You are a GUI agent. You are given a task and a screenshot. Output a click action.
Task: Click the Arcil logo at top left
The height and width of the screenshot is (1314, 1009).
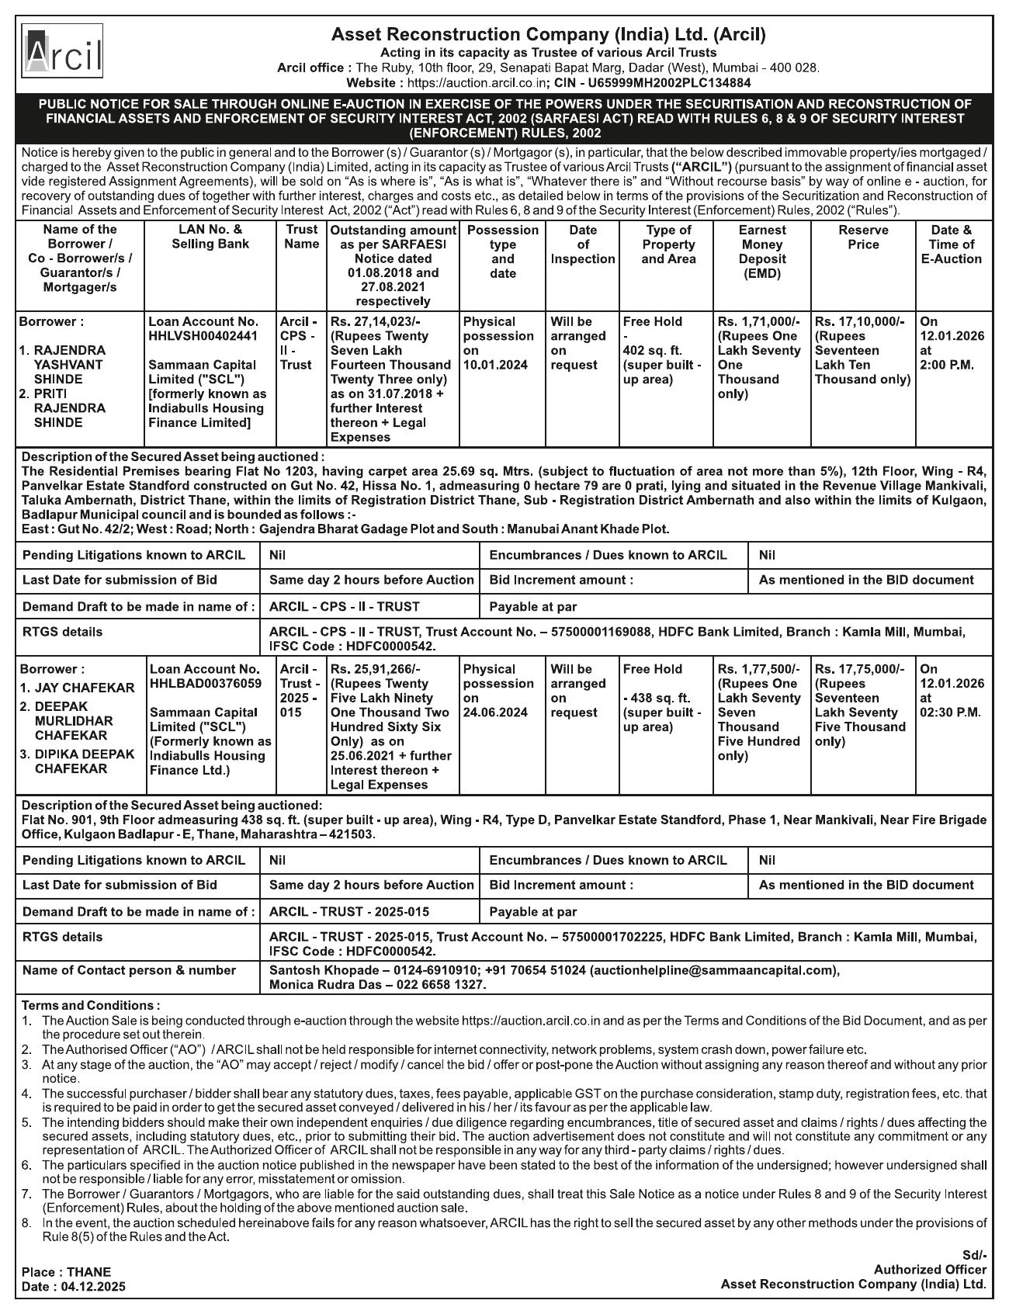62,51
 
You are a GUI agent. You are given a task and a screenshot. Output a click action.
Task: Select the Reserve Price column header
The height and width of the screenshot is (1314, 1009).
863,237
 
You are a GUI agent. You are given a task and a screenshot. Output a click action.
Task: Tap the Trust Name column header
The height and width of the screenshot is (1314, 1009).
301,237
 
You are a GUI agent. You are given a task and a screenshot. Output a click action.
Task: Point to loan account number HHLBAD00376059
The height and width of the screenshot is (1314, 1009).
206,684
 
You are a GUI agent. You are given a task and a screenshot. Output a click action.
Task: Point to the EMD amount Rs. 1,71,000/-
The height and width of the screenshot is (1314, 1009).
758,321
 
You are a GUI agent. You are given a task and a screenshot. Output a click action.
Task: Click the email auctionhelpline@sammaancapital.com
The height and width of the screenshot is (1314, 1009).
714,970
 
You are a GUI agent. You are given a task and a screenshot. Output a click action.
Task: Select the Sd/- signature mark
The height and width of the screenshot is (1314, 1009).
974,1255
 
